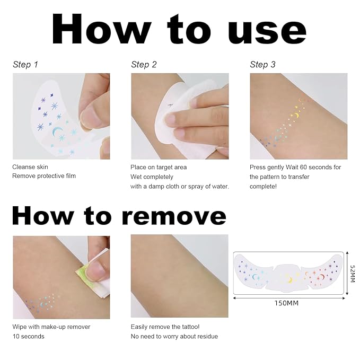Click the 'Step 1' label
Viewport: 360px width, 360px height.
(25, 65)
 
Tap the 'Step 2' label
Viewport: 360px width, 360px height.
(144, 65)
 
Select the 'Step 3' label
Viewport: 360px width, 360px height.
(262, 65)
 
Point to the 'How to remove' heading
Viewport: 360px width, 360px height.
(119, 216)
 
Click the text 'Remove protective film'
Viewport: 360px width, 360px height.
(44, 176)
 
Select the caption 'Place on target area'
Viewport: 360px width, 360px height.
(159, 167)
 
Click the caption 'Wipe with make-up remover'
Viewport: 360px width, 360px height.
(51, 327)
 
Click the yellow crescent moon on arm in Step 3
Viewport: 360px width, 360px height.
(296, 116)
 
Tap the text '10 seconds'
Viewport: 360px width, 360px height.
(29, 336)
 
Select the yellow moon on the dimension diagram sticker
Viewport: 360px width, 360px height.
(289, 278)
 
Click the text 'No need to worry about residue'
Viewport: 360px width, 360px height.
(174, 336)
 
